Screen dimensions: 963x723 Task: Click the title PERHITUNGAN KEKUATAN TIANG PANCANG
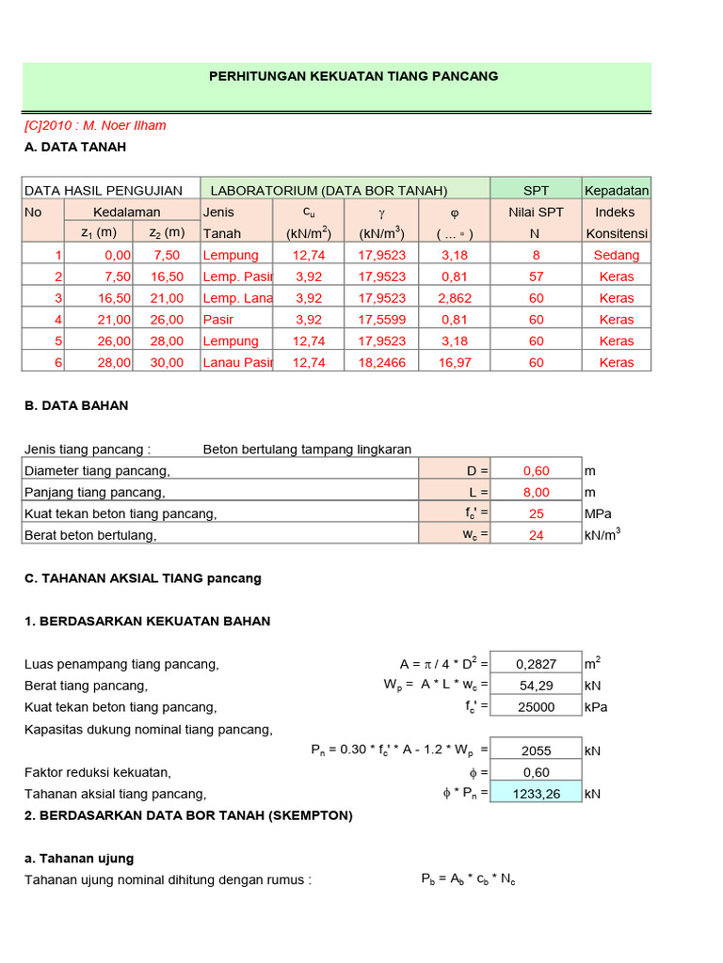point(353,76)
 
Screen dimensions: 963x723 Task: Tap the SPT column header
point(536,190)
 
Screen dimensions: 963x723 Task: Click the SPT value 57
point(536,276)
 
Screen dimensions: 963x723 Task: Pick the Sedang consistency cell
point(617,255)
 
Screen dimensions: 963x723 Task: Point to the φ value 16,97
point(455,362)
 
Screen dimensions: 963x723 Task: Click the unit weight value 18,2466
point(382,362)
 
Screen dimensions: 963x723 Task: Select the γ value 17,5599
point(382,319)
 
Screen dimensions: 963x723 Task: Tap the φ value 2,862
point(455,298)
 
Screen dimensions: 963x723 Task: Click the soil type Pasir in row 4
point(219,319)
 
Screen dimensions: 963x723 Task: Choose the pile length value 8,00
point(536,492)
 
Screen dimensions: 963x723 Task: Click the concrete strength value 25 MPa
point(536,513)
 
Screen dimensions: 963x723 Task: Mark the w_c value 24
point(536,535)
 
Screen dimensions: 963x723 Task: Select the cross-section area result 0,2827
point(536,665)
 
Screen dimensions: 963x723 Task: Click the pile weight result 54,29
point(536,686)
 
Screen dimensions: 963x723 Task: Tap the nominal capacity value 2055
point(536,750)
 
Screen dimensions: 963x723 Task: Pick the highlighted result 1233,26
point(536,794)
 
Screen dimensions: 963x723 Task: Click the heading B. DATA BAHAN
point(76,405)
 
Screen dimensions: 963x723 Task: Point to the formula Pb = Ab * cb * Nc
point(468,879)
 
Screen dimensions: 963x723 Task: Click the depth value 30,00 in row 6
point(169,362)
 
